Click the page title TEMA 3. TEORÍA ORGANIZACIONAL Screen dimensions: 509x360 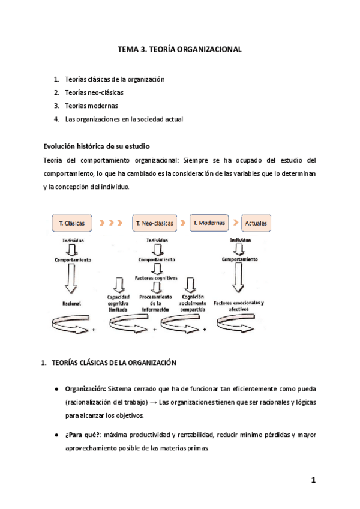coord(179,50)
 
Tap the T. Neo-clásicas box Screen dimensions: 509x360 coord(155,223)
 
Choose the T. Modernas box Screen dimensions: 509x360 coord(209,223)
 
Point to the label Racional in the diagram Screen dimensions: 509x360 coord(71,304)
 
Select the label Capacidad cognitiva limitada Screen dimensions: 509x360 coord(119,303)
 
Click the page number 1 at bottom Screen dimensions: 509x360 coord(313,480)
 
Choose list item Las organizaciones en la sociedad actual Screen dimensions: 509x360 coord(124,119)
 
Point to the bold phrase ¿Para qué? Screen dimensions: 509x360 coord(83,435)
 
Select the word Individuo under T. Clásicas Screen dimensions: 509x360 coord(72,240)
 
